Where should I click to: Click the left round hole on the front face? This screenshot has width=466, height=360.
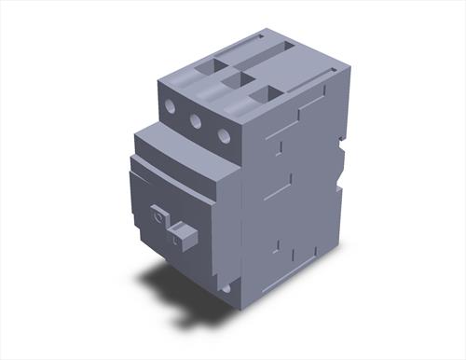[171, 106]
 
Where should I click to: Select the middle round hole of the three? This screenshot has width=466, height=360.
[196, 120]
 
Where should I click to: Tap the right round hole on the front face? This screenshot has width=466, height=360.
[224, 135]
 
